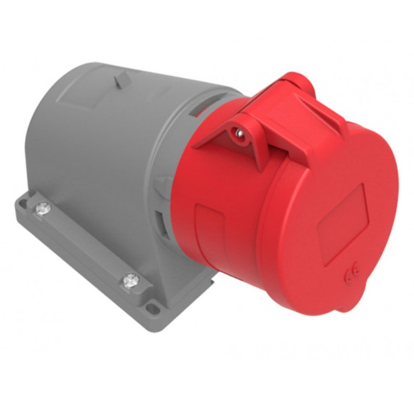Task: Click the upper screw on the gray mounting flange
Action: pyautogui.click(x=42, y=206)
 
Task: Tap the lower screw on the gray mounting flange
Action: pyautogui.click(x=130, y=279)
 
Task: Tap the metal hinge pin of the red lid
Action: pyautogui.click(x=239, y=131)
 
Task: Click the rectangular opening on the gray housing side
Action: pyautogui.click(x=162, y=221)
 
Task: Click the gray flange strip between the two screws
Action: pyautogui.click(x=83, y=241)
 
